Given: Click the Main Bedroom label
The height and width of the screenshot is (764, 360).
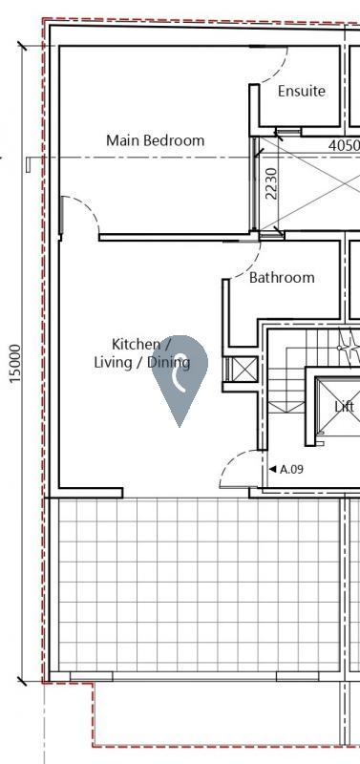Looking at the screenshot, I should click(x=155, y=140).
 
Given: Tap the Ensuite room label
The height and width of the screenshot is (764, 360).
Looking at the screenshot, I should click(x=301, y=92).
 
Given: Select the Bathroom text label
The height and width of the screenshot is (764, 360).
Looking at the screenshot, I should click(x=282, y=278).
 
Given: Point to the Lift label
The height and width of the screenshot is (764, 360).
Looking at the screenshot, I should click(x=344, y=407).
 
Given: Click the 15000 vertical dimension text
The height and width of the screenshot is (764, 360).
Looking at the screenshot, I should click(x=15, y=364).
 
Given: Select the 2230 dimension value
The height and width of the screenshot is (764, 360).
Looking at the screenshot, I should click(x=271, y=183).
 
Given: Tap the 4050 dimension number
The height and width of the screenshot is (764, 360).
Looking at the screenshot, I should click(x=343, y=146).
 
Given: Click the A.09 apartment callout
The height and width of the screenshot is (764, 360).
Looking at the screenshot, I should click(x=290, y=469).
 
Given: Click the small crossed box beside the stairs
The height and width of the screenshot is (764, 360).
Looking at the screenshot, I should click(x=244, y=371).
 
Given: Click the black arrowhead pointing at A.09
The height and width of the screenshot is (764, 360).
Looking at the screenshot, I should click(x=272, y=469).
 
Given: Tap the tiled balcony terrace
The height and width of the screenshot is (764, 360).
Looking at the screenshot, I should click(x=196, y=583).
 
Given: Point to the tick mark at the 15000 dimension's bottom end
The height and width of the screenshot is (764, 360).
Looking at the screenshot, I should click(x=22, y=681).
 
